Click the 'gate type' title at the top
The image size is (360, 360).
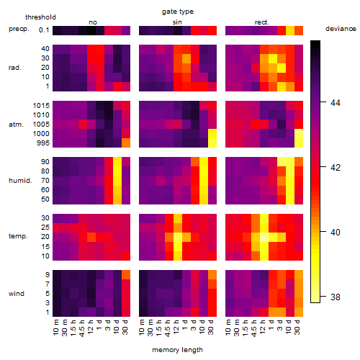tap(178, 12)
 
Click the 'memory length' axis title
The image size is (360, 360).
tap(177, 350)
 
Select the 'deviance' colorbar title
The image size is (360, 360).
tap(341, 29)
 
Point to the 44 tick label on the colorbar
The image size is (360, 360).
tap(336, 103)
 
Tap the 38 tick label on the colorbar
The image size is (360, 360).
tap(336, 297)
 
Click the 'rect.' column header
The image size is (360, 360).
tap(262, 22)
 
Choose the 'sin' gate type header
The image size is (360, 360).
tap(177, 22)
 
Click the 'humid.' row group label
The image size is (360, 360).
tap(20, 181)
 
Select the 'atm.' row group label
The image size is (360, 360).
tap(16, 125)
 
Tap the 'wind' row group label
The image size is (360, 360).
tap(17, 294)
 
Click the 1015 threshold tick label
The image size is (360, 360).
tap(41, 106)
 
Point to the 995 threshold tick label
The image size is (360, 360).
tap(43, 143)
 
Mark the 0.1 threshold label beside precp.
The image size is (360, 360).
tap(44, 30)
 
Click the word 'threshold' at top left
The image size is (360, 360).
tap(40, 17)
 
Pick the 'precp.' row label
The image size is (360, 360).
tap(19, 29)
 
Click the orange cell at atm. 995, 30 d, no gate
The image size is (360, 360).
tap(126, 143)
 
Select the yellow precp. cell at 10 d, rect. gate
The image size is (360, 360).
tap(290, 30)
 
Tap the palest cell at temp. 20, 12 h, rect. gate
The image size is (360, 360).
tap(264, 237)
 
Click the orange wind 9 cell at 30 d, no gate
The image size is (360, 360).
tap(126, 275)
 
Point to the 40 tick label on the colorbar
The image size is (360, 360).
tap(336, 233)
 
